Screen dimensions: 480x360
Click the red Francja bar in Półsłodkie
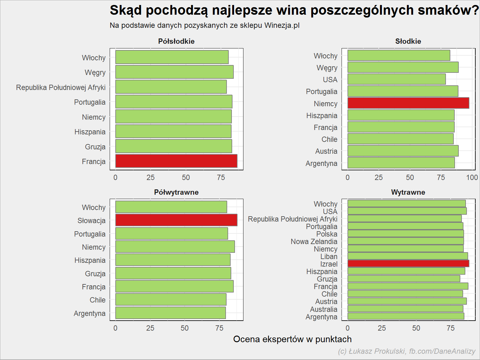(176, 161)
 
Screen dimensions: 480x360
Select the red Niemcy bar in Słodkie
(408, 103)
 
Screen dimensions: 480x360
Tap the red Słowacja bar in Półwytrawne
(176, 220)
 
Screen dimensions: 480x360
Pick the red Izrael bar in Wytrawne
(408, 264)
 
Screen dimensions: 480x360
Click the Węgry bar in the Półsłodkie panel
(174, 72)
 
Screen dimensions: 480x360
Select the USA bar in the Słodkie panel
(397, 79)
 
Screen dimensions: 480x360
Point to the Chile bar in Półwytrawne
(171, 299)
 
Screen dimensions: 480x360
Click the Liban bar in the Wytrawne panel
(407, 256)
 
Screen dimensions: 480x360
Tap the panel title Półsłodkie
(176, 41)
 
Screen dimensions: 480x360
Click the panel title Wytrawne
(408, 192)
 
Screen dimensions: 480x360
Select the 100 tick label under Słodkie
(472, 177)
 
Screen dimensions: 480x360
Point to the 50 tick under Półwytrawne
(185, 328)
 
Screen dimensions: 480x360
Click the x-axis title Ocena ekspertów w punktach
(292, 339)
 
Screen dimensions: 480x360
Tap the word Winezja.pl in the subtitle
(282, 26)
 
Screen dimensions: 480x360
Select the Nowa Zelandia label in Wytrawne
(314, 242)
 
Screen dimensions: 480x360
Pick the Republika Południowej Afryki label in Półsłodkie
(61, 87)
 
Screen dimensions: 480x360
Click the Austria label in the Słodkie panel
(326, 151)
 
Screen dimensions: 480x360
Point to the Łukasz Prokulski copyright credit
(407, 351)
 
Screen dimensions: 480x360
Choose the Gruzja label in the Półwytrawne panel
(95, 274)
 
